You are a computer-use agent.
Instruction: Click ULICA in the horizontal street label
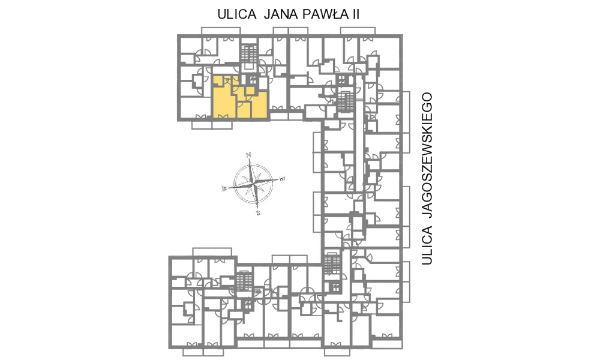[237, 14]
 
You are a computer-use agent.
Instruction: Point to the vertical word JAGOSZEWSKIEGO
[427, 155]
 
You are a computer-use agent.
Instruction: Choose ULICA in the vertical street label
[427, 245]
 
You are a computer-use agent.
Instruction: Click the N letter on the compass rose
[248, 155]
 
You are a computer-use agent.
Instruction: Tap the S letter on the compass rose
[258, 212]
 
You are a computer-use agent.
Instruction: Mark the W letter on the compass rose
[224, 188]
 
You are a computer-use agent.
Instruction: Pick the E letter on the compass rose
[283, 178]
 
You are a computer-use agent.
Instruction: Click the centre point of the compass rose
[253, 183]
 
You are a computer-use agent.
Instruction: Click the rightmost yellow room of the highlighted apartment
[259, 105]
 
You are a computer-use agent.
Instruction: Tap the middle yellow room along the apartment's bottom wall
[244, 109]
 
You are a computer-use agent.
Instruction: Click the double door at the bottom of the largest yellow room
[223, 116]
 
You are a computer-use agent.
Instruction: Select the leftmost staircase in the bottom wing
[244, 281]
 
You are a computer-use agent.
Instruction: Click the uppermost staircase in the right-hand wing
[345, 101]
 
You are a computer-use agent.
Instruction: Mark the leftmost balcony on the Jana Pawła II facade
[221, 31]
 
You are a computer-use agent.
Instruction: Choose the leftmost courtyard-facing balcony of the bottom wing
[212, 252]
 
